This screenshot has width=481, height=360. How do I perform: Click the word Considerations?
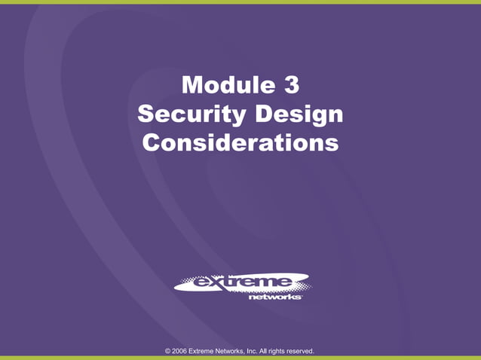(x=240, y=142)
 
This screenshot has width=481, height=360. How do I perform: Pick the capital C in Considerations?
(x=152, y=142)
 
